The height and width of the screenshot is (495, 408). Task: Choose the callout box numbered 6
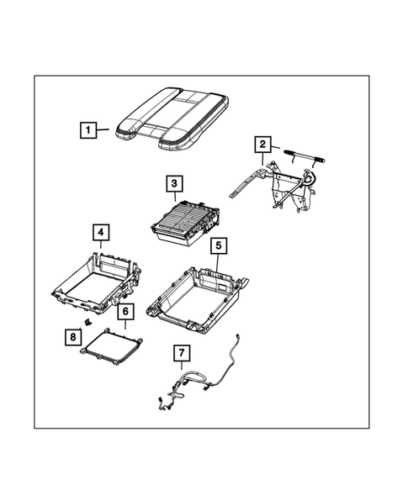click(x=125, y=312)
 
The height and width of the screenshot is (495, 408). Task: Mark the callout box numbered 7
click(x=181, y=352)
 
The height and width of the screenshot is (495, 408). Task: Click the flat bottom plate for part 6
click(x=110, y=346)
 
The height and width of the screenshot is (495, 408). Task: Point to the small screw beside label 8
click(x=87, y=324)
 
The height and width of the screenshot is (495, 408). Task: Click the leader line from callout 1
click(x=102, y=129)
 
